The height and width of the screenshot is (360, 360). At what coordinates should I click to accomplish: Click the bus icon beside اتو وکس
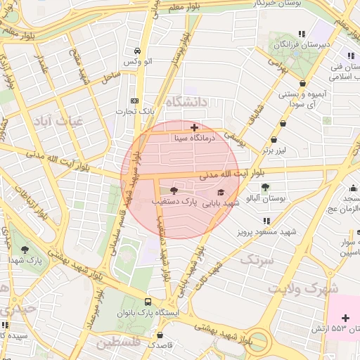coord(137,51)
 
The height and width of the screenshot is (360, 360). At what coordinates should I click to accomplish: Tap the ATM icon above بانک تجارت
coord(135,100)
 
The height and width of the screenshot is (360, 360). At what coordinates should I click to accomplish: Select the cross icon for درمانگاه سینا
coord(195,127)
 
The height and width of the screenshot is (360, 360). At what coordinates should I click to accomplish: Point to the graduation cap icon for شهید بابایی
coord(221,192)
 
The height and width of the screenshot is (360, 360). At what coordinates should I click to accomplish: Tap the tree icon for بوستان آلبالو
coord(264,187)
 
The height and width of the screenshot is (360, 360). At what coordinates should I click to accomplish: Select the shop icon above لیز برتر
coord(283,123)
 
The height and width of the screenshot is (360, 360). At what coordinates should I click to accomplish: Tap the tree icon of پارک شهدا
coord(25,250)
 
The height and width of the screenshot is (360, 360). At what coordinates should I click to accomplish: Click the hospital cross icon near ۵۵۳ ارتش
coord(345,319)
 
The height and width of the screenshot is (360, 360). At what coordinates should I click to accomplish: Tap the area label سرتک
coord(255,259)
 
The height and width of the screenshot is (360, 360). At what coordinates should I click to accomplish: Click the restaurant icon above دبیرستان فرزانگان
coord(302,33)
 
